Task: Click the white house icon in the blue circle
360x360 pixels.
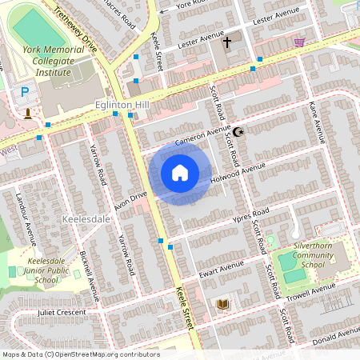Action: pyautogui.click(x=180, y=173)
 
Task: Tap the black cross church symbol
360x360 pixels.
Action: pyautogui.click(x=226, y=42)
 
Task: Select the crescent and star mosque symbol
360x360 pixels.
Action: pyautogui.click(x=236, y=131)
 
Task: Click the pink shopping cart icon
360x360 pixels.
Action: pyautogui.click(x=299, y=42)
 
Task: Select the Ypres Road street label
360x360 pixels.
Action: pyautogui.click(x=246, y=217)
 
